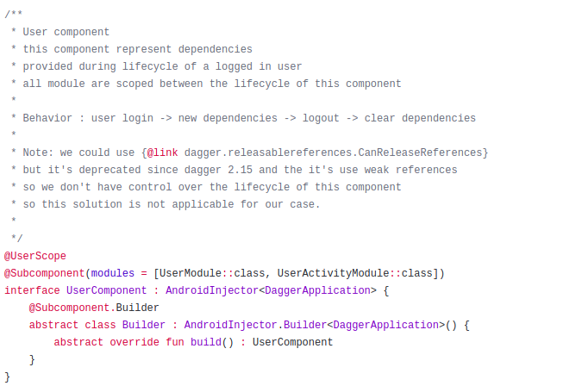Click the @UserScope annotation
coord(35,256)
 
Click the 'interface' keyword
coord(32,290)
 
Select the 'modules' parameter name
coord(113,273)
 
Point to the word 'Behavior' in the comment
coord(47,118)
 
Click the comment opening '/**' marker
coord(14,15)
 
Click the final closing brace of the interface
coord(8,377)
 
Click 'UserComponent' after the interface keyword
coord(107,290)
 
